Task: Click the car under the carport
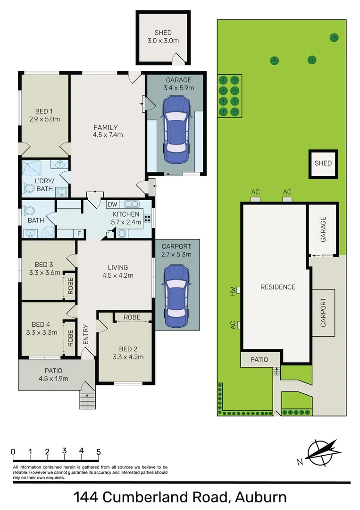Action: point(176,292)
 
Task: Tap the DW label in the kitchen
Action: point(112,204)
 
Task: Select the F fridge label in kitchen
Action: point(79,233)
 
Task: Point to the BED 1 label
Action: point(44,111)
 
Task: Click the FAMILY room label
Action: point(105,127)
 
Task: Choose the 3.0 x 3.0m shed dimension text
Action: point(163,41)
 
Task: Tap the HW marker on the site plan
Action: point(233,291)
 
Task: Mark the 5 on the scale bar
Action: point(99,451)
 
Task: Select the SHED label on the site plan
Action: point(323,163)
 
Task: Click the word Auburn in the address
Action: point(259,497)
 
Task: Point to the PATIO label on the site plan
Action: point(259,359)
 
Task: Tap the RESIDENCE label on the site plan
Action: point(278,287)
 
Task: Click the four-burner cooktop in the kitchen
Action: point(147,219)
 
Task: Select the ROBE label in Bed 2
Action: point(132,317)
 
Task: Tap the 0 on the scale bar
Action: point(13,451)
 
